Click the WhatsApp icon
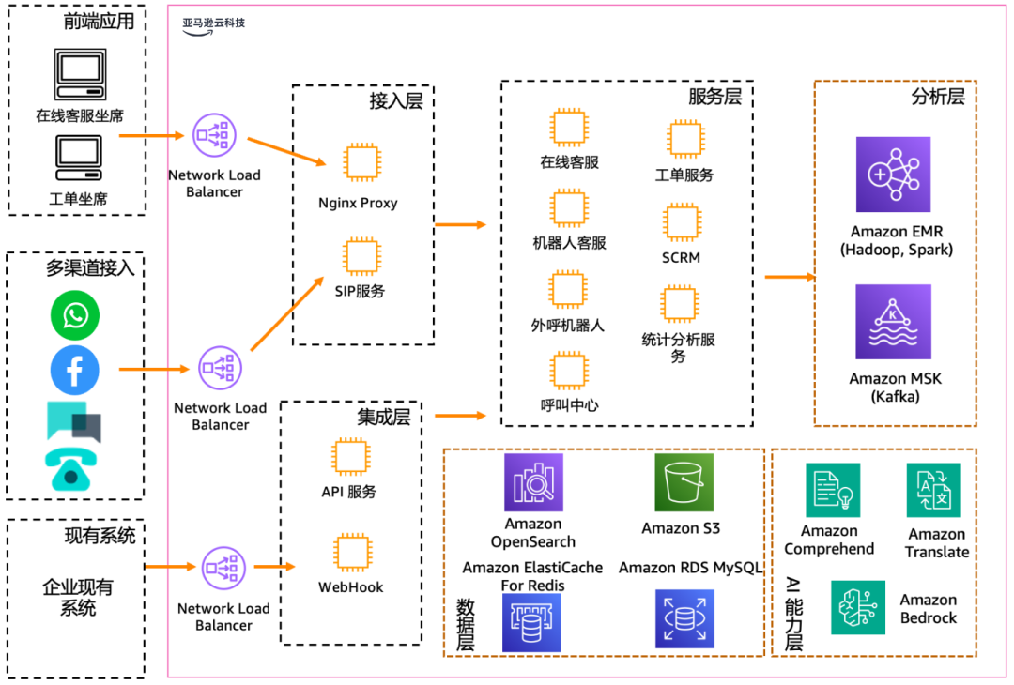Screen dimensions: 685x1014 coord(75,315)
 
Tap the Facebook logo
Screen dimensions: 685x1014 coord(75,369)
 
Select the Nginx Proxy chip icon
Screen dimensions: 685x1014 coord(361,162)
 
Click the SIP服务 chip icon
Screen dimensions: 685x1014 coord(361,255)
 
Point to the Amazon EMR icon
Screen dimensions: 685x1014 coord(893,175)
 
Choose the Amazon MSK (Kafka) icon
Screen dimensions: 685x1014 coord(893,322)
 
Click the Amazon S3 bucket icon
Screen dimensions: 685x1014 coord(684,482)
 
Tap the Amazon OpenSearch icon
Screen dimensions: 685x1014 coord(533,482)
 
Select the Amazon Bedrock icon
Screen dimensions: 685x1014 coord(858,607)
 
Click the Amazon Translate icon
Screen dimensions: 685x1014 coord(933,491)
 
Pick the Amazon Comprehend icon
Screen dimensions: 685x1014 coord(833,491)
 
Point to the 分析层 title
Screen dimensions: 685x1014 coord(938,96)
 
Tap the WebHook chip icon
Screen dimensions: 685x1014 coord(351,552)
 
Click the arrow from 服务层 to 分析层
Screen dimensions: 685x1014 coord(789,278)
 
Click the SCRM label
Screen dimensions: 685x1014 coord(681,257)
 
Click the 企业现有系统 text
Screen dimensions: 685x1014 coord(78,598)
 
